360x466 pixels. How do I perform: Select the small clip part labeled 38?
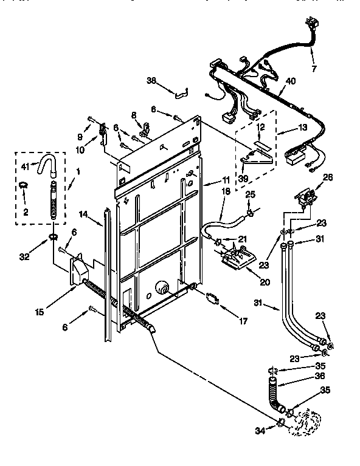(x=179, y=94)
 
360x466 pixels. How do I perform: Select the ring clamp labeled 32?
(x=53, y=235)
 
